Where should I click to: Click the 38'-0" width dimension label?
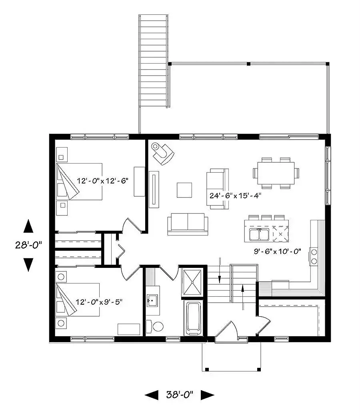pos(180,395)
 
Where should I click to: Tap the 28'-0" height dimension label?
pos(28,245)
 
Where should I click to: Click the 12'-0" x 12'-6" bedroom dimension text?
pos(102,180)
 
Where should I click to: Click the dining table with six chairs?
pos(276,172)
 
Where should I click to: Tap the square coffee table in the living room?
pos(184,190)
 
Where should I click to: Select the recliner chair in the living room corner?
pos(163,153)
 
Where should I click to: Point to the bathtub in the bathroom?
pos(194,318)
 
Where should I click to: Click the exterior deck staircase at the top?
pos(153,61)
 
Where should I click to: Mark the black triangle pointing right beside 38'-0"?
pos(207,395)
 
